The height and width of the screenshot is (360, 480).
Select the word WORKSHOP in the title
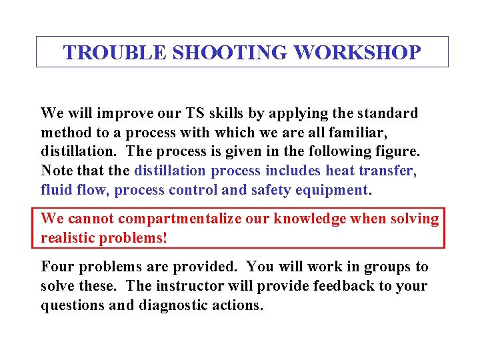357,53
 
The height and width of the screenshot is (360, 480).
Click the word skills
230,113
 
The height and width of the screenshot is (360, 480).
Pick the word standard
387,113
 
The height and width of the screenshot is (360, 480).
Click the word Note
58,171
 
